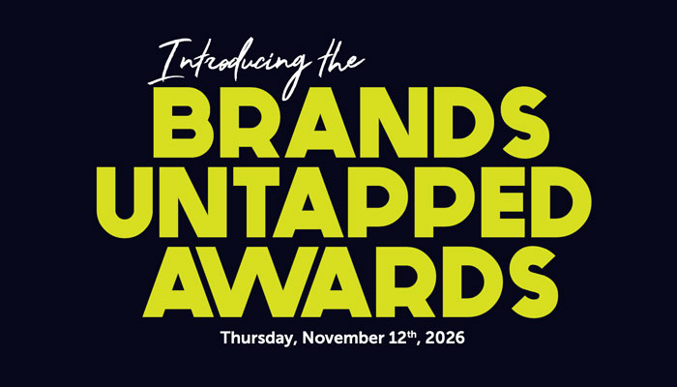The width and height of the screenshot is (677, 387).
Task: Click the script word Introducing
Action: tap(229, 65)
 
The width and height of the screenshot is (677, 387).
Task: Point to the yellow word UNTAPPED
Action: tap(343, 202)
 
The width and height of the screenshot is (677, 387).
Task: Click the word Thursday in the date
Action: tap(257, 338)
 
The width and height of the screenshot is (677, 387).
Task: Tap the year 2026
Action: tap(445, 338)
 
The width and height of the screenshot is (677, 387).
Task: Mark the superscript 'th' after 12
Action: tap(414, 335)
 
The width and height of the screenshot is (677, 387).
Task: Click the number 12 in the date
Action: tap(398, 338)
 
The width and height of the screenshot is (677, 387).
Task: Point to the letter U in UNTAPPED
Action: tap(125, 202)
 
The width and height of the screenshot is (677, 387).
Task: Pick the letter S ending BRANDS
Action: tap(525, 123)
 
